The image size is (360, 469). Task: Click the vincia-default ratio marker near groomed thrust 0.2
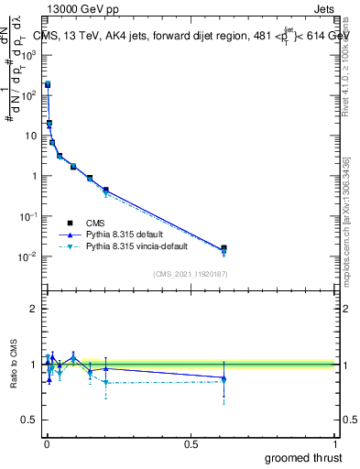coord(105,383)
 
